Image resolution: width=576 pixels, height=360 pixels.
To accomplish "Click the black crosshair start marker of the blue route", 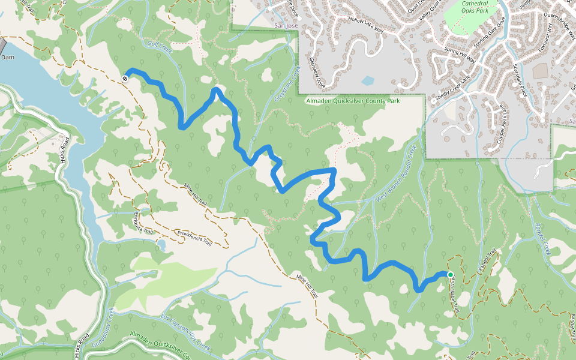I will [125, 78].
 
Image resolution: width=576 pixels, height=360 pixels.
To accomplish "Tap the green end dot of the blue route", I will [450, 274].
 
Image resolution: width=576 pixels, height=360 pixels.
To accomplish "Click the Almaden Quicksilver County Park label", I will [353, 101].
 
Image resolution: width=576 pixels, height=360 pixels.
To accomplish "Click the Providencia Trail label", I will [194, 238].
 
